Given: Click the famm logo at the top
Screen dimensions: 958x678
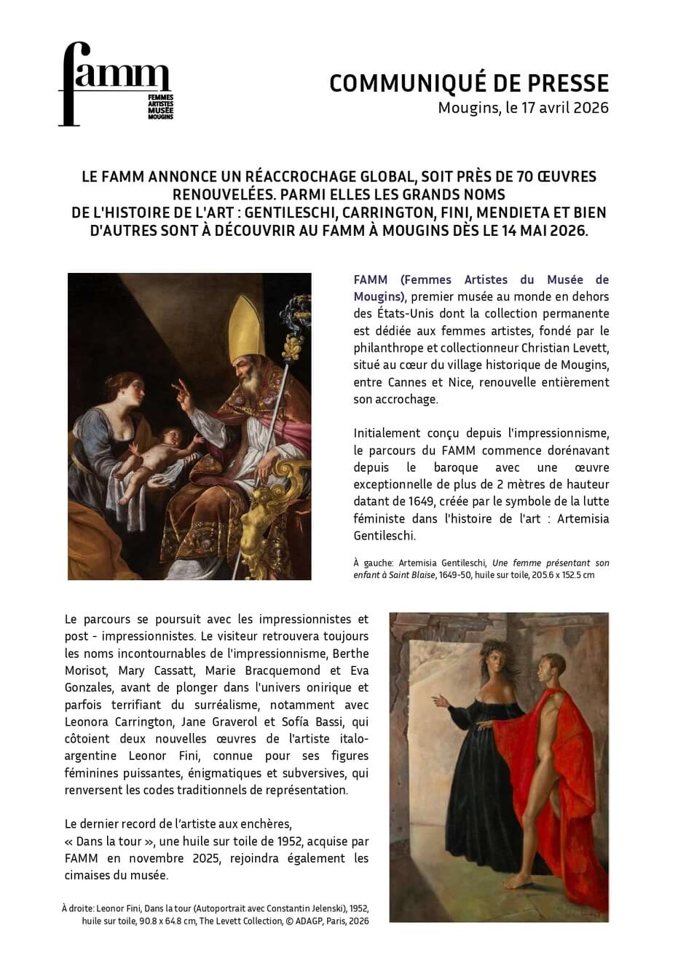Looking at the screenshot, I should point(115,84).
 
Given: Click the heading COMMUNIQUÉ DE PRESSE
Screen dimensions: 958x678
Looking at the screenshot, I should point(468,84).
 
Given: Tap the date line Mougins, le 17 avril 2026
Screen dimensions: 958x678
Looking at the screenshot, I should point(523,108).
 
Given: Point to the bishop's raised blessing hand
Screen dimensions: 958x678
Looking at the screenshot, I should point(183,394).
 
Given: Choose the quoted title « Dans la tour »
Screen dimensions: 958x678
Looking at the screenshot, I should point(102,842).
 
